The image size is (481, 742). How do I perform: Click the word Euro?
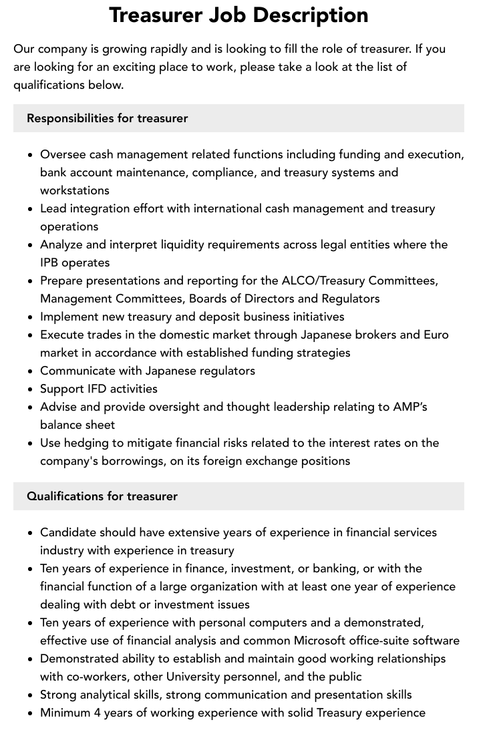(x=436, y=335)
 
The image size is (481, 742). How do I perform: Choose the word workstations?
(x=75, y=190)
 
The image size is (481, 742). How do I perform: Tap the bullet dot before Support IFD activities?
(x=31, y=389)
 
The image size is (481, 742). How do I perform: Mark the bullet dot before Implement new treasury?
(x=31, y=317)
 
